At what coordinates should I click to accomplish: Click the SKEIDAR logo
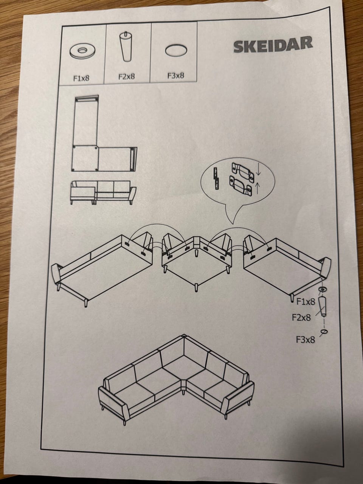pos(273,45)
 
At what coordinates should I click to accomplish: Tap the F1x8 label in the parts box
pos(81,79)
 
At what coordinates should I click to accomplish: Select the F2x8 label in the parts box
pos(127,77)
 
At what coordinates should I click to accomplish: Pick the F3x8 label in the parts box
pos(175,76)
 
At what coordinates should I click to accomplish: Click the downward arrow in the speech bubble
pos(259,170)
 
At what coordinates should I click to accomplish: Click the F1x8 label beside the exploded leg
pos(306,301)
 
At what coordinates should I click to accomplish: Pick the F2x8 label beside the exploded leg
pos(301,318)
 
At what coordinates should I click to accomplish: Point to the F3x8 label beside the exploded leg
pos(306,340)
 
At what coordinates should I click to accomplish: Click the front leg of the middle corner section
pos(196,287)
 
